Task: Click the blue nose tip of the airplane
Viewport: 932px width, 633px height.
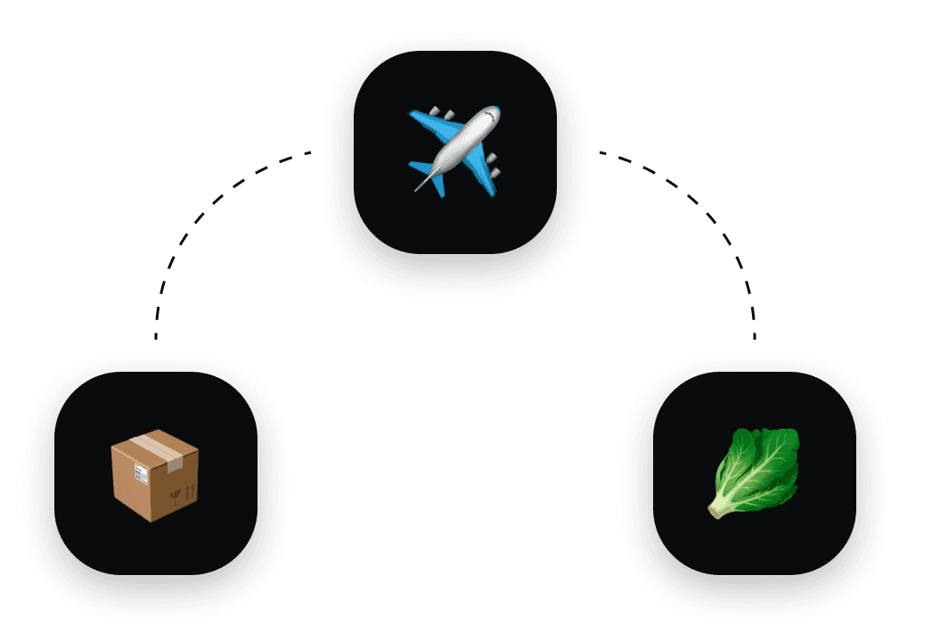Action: [x=492, y=111]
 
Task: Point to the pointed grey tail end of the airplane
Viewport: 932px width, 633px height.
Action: [x=418, y=188]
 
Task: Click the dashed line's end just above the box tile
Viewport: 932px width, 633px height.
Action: [x=156, y=336]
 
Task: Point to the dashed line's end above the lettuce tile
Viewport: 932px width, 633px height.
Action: [x=755, y=336]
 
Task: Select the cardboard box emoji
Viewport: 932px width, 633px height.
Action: [x=155, y=475]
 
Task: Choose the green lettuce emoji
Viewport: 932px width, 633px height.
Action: [x=756, y=473]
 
